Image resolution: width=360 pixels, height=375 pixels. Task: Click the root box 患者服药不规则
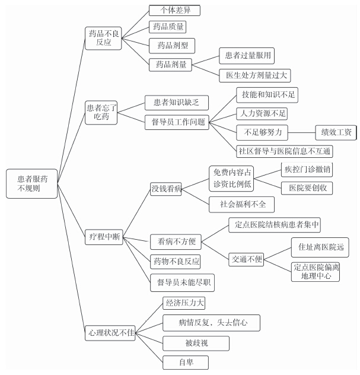tap(32, 184)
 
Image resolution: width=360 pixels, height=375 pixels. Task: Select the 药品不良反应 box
tap(103, 38)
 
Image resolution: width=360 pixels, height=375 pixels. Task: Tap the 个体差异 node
tap(174, 10)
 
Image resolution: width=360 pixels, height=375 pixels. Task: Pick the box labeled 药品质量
tap(168, 27)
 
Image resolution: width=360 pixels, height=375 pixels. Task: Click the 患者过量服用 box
tap(247, 56)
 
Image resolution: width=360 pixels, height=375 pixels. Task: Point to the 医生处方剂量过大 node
tap(255, 75)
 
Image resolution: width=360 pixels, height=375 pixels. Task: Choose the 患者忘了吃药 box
tap(101, 112)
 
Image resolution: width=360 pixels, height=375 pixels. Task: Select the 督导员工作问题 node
tap(177, 122)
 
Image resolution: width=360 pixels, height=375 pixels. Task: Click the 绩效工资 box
tap(336, 132)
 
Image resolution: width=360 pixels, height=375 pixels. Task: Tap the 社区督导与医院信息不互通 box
tap(285, 151)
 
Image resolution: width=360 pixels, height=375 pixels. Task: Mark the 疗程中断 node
tap(104, 237)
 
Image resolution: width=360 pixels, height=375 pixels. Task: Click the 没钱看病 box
tap(166, 189)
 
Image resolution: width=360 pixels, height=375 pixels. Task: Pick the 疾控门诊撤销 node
tap(307, 170)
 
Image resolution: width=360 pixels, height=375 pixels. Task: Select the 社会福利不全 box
tap(241, 205)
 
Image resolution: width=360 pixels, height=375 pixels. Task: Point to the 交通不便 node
tap(246, 259)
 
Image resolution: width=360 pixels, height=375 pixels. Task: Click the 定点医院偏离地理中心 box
tap(316, 272)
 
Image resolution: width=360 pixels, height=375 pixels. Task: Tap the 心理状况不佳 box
tap(110, 333)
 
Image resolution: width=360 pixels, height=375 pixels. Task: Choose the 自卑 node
tap(186, 363)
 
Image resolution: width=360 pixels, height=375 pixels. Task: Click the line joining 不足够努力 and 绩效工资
tap(302, 132)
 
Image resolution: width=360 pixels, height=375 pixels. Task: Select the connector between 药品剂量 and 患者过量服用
tap(206, 61)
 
